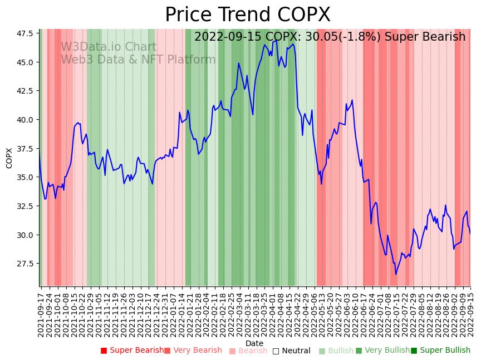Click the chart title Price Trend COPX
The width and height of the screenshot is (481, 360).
248,15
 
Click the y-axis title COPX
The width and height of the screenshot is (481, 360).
9,158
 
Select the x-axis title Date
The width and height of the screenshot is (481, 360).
254,343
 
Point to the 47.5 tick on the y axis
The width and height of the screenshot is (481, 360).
24,33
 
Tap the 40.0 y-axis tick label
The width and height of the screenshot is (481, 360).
24,120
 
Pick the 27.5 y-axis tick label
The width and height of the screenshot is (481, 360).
24,264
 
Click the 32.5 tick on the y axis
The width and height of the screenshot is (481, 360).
24,206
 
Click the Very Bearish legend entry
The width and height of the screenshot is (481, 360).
193,351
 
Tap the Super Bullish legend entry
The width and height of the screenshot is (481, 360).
440,351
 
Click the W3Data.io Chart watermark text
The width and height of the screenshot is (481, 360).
109,47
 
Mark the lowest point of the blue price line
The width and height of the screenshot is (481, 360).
396,274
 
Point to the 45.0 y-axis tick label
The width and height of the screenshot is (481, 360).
24,62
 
